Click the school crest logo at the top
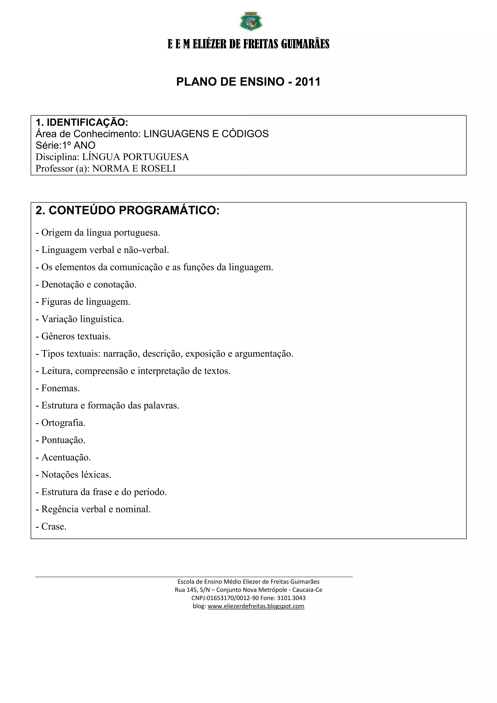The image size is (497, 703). click(251, 21)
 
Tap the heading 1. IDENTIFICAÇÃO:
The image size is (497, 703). click(82, 123)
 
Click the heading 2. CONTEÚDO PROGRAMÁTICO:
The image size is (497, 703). click(128, 210)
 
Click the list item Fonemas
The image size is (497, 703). click(60, 388)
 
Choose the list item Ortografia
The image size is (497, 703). click(63, 423)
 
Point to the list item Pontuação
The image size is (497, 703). click(63, 440)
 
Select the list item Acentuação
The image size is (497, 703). click(66, 457)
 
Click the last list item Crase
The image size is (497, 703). click(54, 527)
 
